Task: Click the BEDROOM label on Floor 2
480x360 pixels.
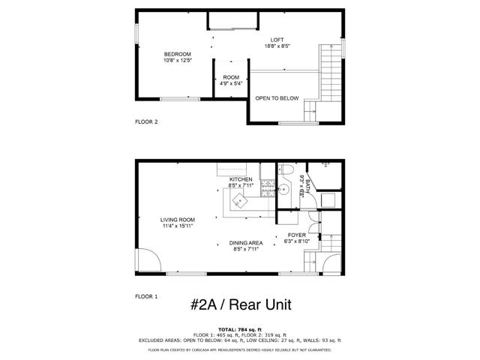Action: click(178, 54)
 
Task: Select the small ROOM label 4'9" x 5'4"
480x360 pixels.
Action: click(231, 77)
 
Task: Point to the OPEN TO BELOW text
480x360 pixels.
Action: click(277, 98)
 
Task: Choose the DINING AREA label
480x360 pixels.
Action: click(245, 243)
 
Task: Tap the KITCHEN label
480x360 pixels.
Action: click(241, 180)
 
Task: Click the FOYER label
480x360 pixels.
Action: click(297, 235)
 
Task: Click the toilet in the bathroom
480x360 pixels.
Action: click(286, 171)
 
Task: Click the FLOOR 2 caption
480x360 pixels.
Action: click(146, 121)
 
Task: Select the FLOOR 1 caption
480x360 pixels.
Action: click(146, 297)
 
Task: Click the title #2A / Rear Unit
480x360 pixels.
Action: click(240, 304)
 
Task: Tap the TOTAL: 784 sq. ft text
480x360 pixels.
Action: click(240, 329)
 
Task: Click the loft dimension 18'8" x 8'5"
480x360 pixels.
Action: click(277, 46)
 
